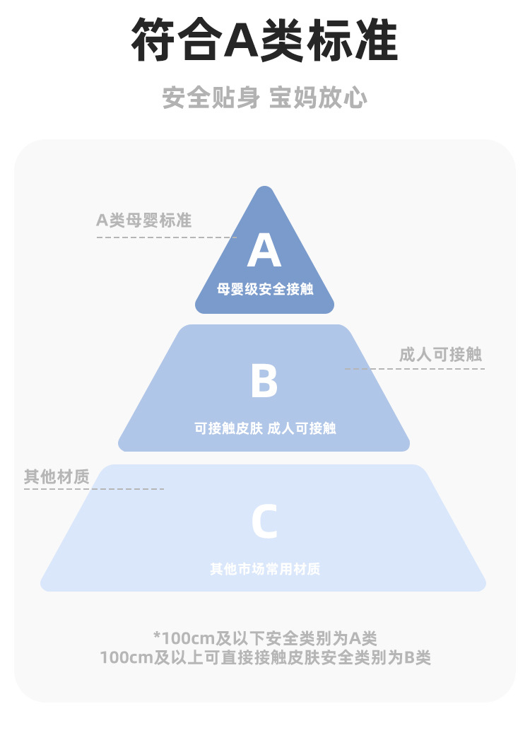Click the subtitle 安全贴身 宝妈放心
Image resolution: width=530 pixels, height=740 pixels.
(264, 98)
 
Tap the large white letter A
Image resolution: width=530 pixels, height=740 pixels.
(264, 251)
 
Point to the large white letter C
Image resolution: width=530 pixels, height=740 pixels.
(264, 522)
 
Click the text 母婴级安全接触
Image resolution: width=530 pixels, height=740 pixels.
(264, 289)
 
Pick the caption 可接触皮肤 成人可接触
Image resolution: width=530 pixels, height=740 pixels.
(264, 428)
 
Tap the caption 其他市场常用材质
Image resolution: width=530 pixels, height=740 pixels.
(264, 569)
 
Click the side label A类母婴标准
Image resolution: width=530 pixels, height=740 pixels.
(143, 221)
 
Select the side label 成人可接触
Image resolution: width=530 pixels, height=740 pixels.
(440, 354)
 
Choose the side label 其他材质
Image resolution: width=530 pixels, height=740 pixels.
(57, 477)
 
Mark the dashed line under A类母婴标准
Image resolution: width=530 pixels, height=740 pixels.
(167, 237)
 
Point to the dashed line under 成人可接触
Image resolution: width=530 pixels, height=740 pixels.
(414, 369)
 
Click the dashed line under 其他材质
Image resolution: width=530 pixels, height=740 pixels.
(94, 489)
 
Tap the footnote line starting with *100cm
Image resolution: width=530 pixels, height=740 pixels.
(264, 638)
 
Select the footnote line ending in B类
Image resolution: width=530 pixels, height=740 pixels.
(264, 657)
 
